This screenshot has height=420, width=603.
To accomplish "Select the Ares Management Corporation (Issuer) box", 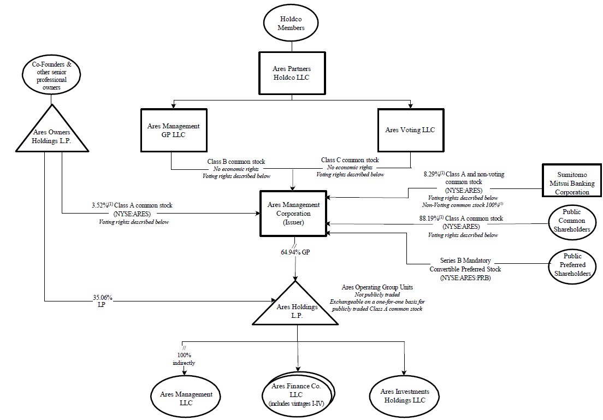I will point(294,214).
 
